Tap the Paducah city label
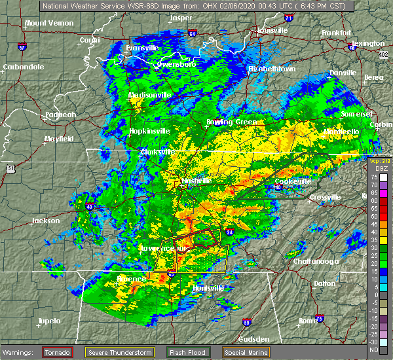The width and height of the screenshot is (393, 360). coord(61,115)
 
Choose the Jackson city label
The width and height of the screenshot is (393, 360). coord(46,221)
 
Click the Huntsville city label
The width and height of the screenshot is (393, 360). coord(206,288)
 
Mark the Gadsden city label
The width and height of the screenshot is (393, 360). coord(253,339)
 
